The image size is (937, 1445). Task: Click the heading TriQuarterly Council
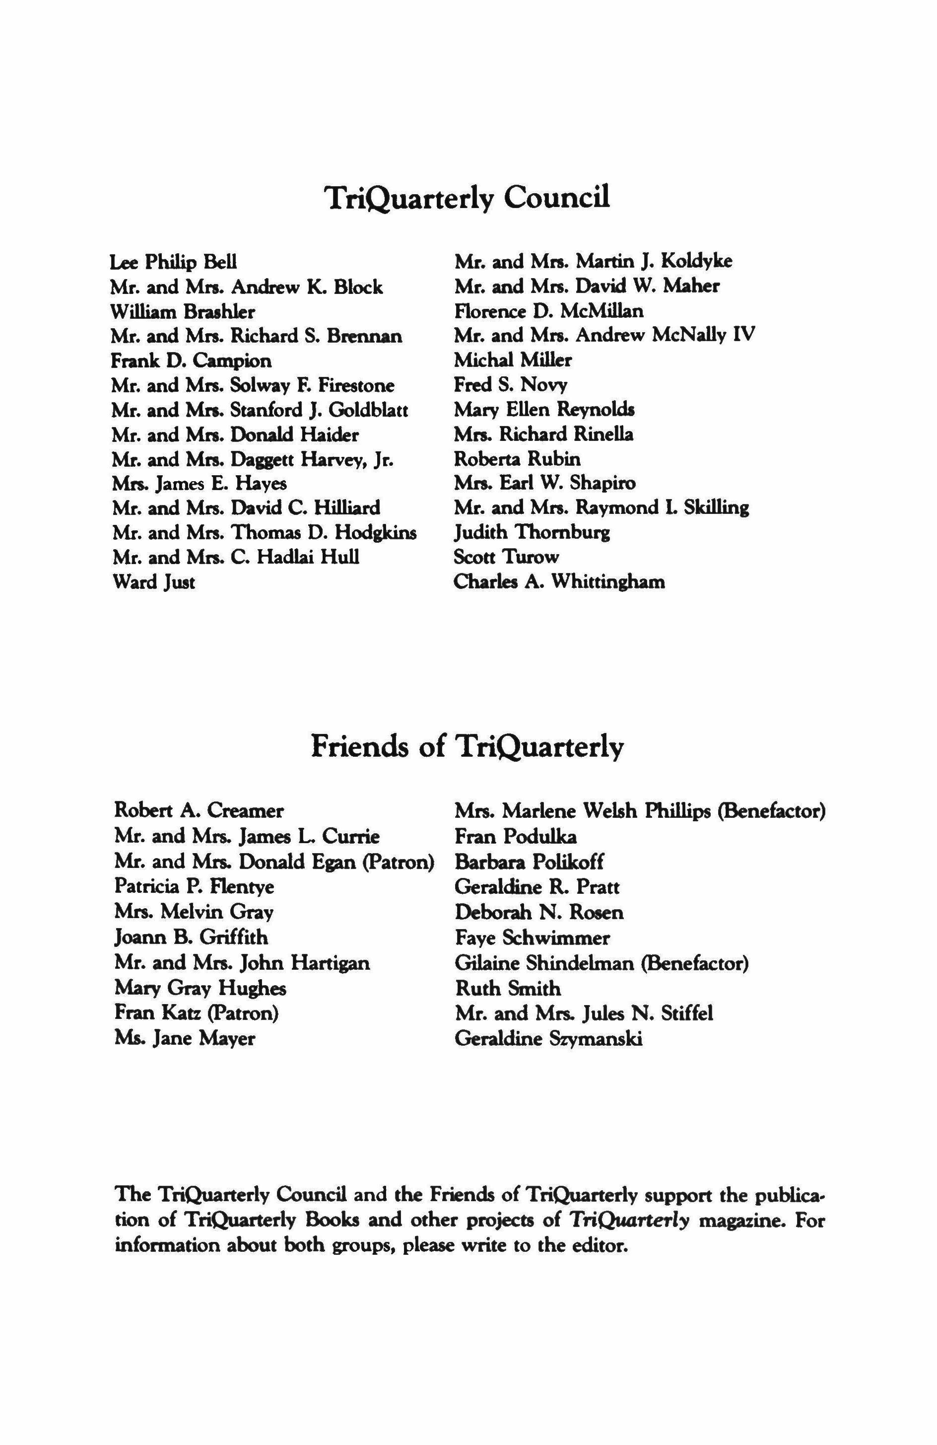(x=468, y=198)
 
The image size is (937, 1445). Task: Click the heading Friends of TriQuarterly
(x=468, y=746)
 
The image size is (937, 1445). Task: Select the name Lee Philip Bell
(x=174, y=262)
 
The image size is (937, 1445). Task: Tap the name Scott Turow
(x=507, y=557)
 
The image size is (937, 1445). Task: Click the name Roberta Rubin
(x=517, y=458)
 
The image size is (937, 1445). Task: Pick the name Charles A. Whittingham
(x=559, y=581)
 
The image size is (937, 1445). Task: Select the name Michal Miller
(x=513, y=360)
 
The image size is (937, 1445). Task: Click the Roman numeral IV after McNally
(x=744, y=335)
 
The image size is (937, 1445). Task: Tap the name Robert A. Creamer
(x=199, y=810)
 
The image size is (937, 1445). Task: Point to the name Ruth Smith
(x=508, y=989)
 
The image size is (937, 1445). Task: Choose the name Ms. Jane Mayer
(x=185, y=1038)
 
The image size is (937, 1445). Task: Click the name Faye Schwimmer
(x=532, y=938)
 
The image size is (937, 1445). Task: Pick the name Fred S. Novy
(x=510, y=385)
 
